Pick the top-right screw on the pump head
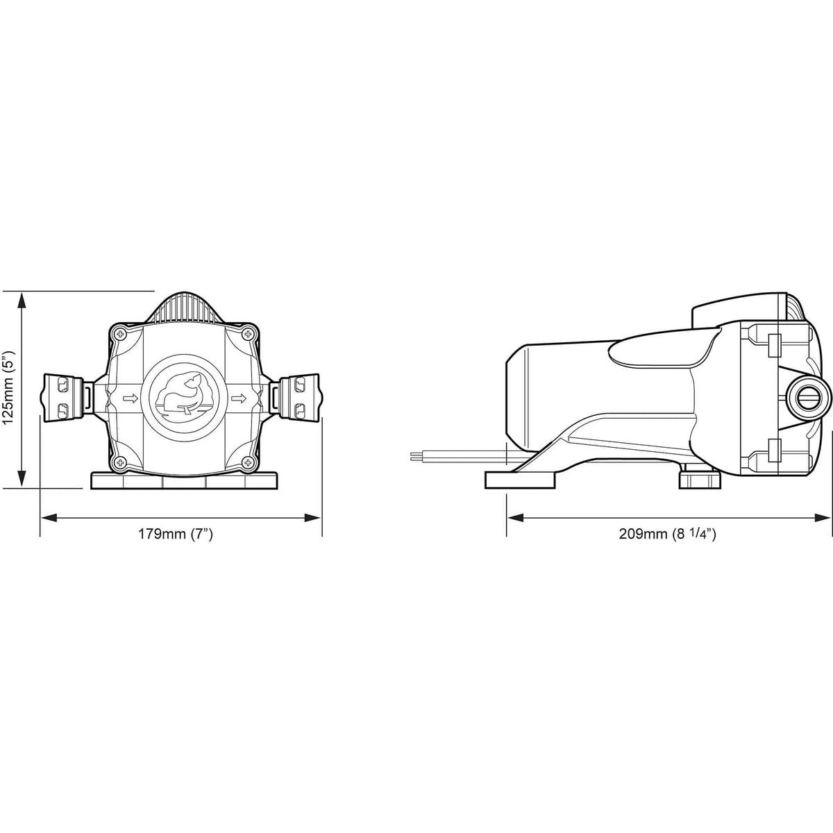point(247,334)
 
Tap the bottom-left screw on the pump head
point(119,462)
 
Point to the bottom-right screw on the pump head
point(247,462)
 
